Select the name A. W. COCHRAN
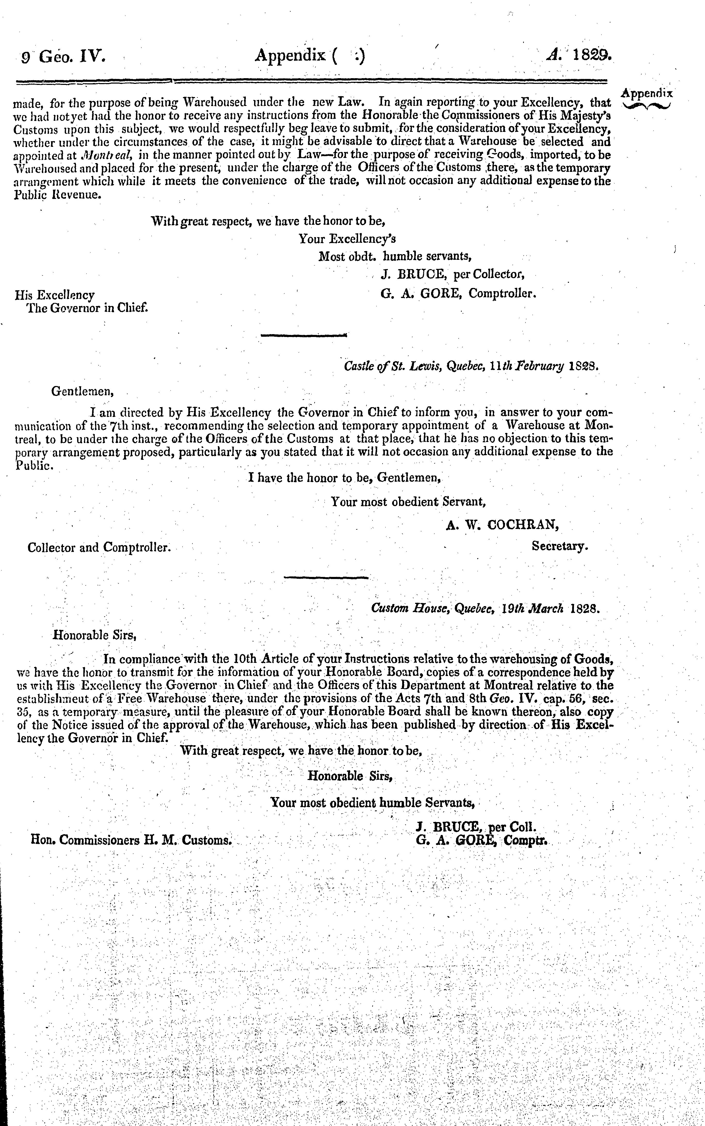[502, 525]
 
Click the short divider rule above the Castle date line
[304, 335]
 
